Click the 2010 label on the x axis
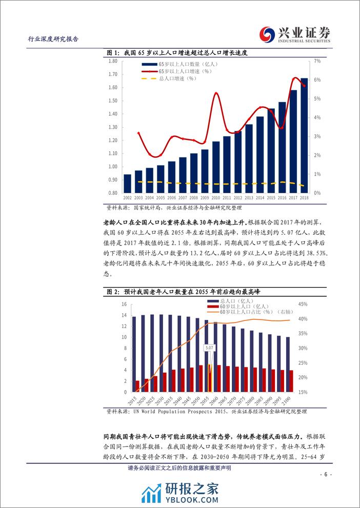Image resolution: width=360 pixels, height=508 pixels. (x=216, y=197)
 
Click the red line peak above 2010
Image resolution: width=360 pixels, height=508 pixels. (x=216, y=93)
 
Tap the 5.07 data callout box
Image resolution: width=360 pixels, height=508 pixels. (x=209, y=348)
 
